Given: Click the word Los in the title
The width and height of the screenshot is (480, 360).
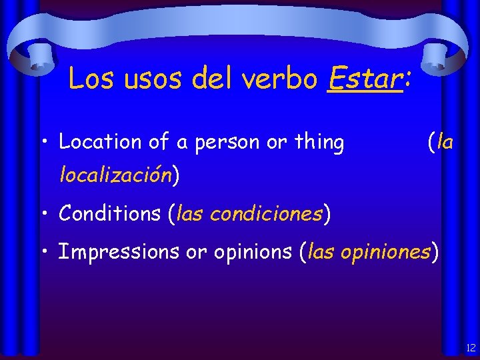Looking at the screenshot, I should (x=91, y=79).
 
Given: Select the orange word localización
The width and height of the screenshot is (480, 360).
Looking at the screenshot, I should (x=116, y=175).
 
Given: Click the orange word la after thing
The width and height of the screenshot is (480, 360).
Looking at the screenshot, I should (x=445, y=141).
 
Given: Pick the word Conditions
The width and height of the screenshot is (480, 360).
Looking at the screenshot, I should (x=110, y=214).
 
